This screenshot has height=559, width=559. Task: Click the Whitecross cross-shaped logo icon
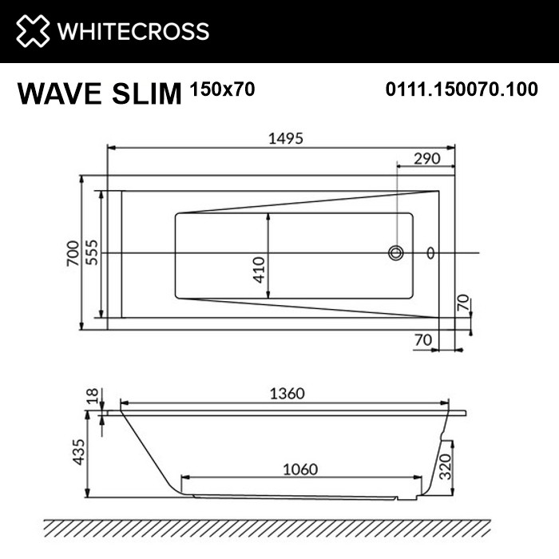pos(31,31)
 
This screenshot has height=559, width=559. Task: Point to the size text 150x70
pos(222,89)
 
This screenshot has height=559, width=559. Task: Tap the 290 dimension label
pos(427,158)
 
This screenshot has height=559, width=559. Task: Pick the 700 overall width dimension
pos(73,252)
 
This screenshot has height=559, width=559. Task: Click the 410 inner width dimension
pos(260,270)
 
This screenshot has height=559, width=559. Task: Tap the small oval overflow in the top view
pos(431,253)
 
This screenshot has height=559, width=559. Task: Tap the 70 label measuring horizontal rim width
pos(423,339)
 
